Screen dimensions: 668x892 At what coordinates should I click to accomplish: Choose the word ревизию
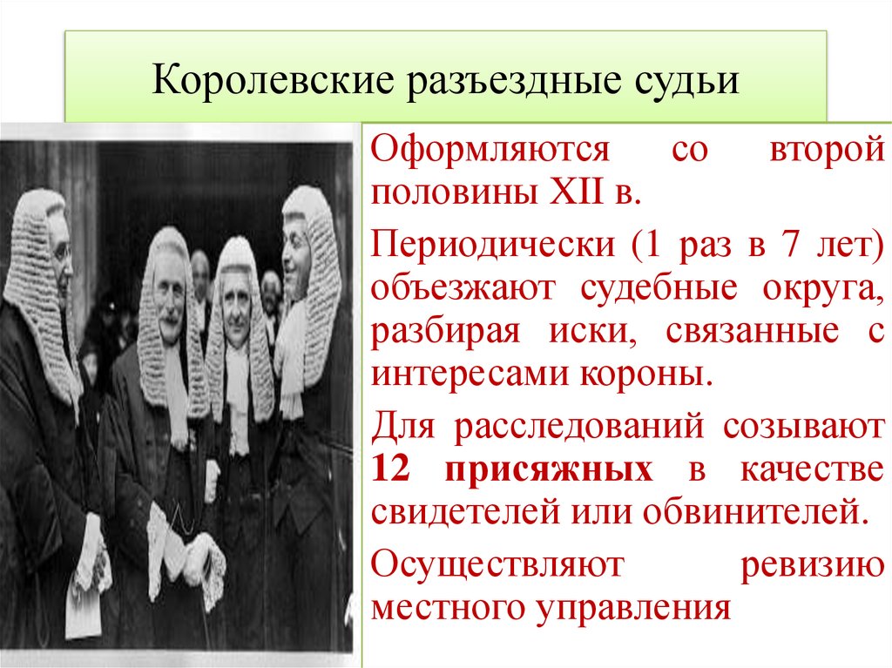pyautogui.click(x=812, y=567)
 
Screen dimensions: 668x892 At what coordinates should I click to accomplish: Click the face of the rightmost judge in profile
pyautogui.click(x=296, y=246)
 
